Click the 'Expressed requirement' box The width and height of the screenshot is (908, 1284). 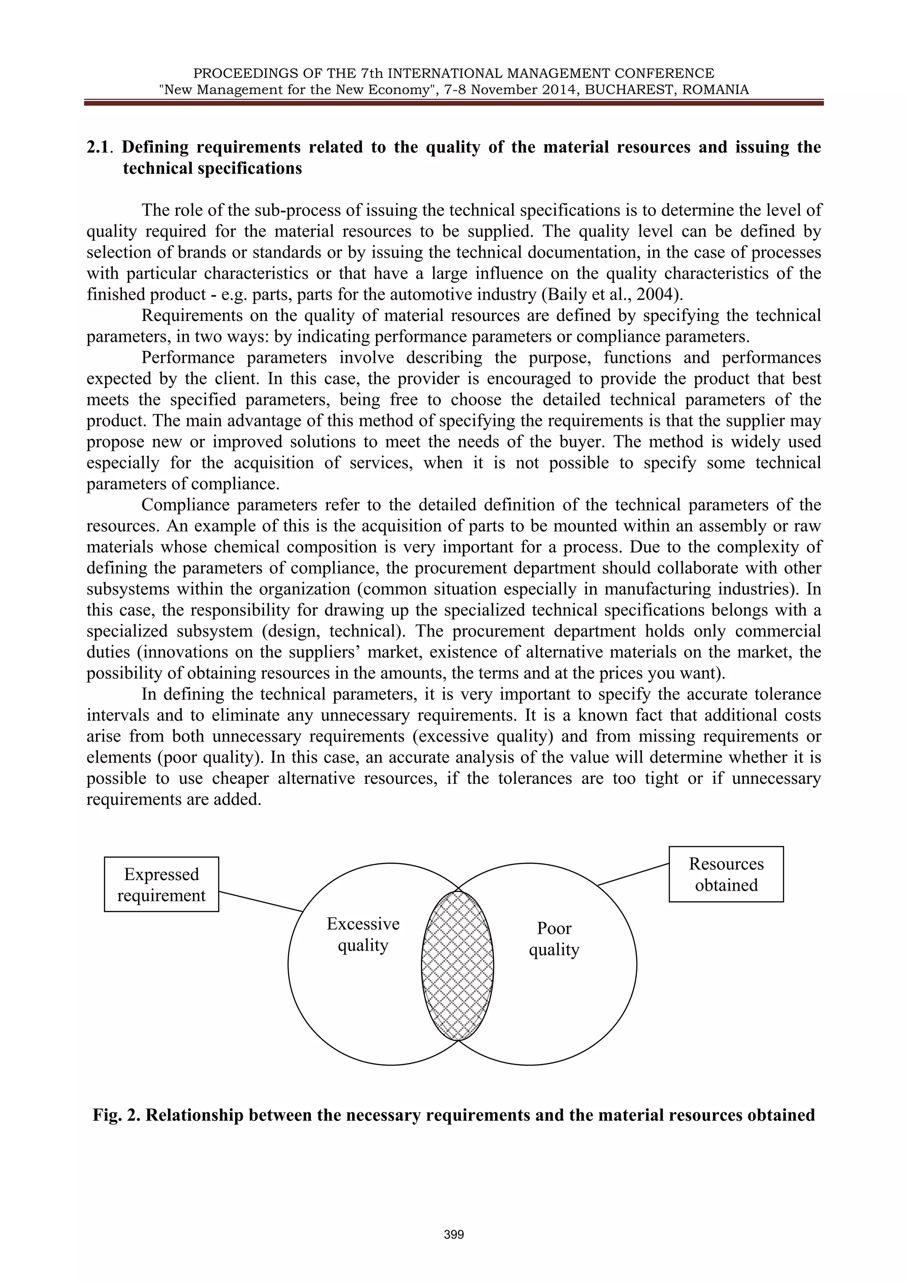(x=161, y=884)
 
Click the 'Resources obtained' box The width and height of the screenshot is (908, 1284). (x=726, y=874)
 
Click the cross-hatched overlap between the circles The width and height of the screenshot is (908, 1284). (x=458, y=965)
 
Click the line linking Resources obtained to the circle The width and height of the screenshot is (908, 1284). (x=633, y=874)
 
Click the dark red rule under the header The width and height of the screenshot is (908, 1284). (x=454, y=103)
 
